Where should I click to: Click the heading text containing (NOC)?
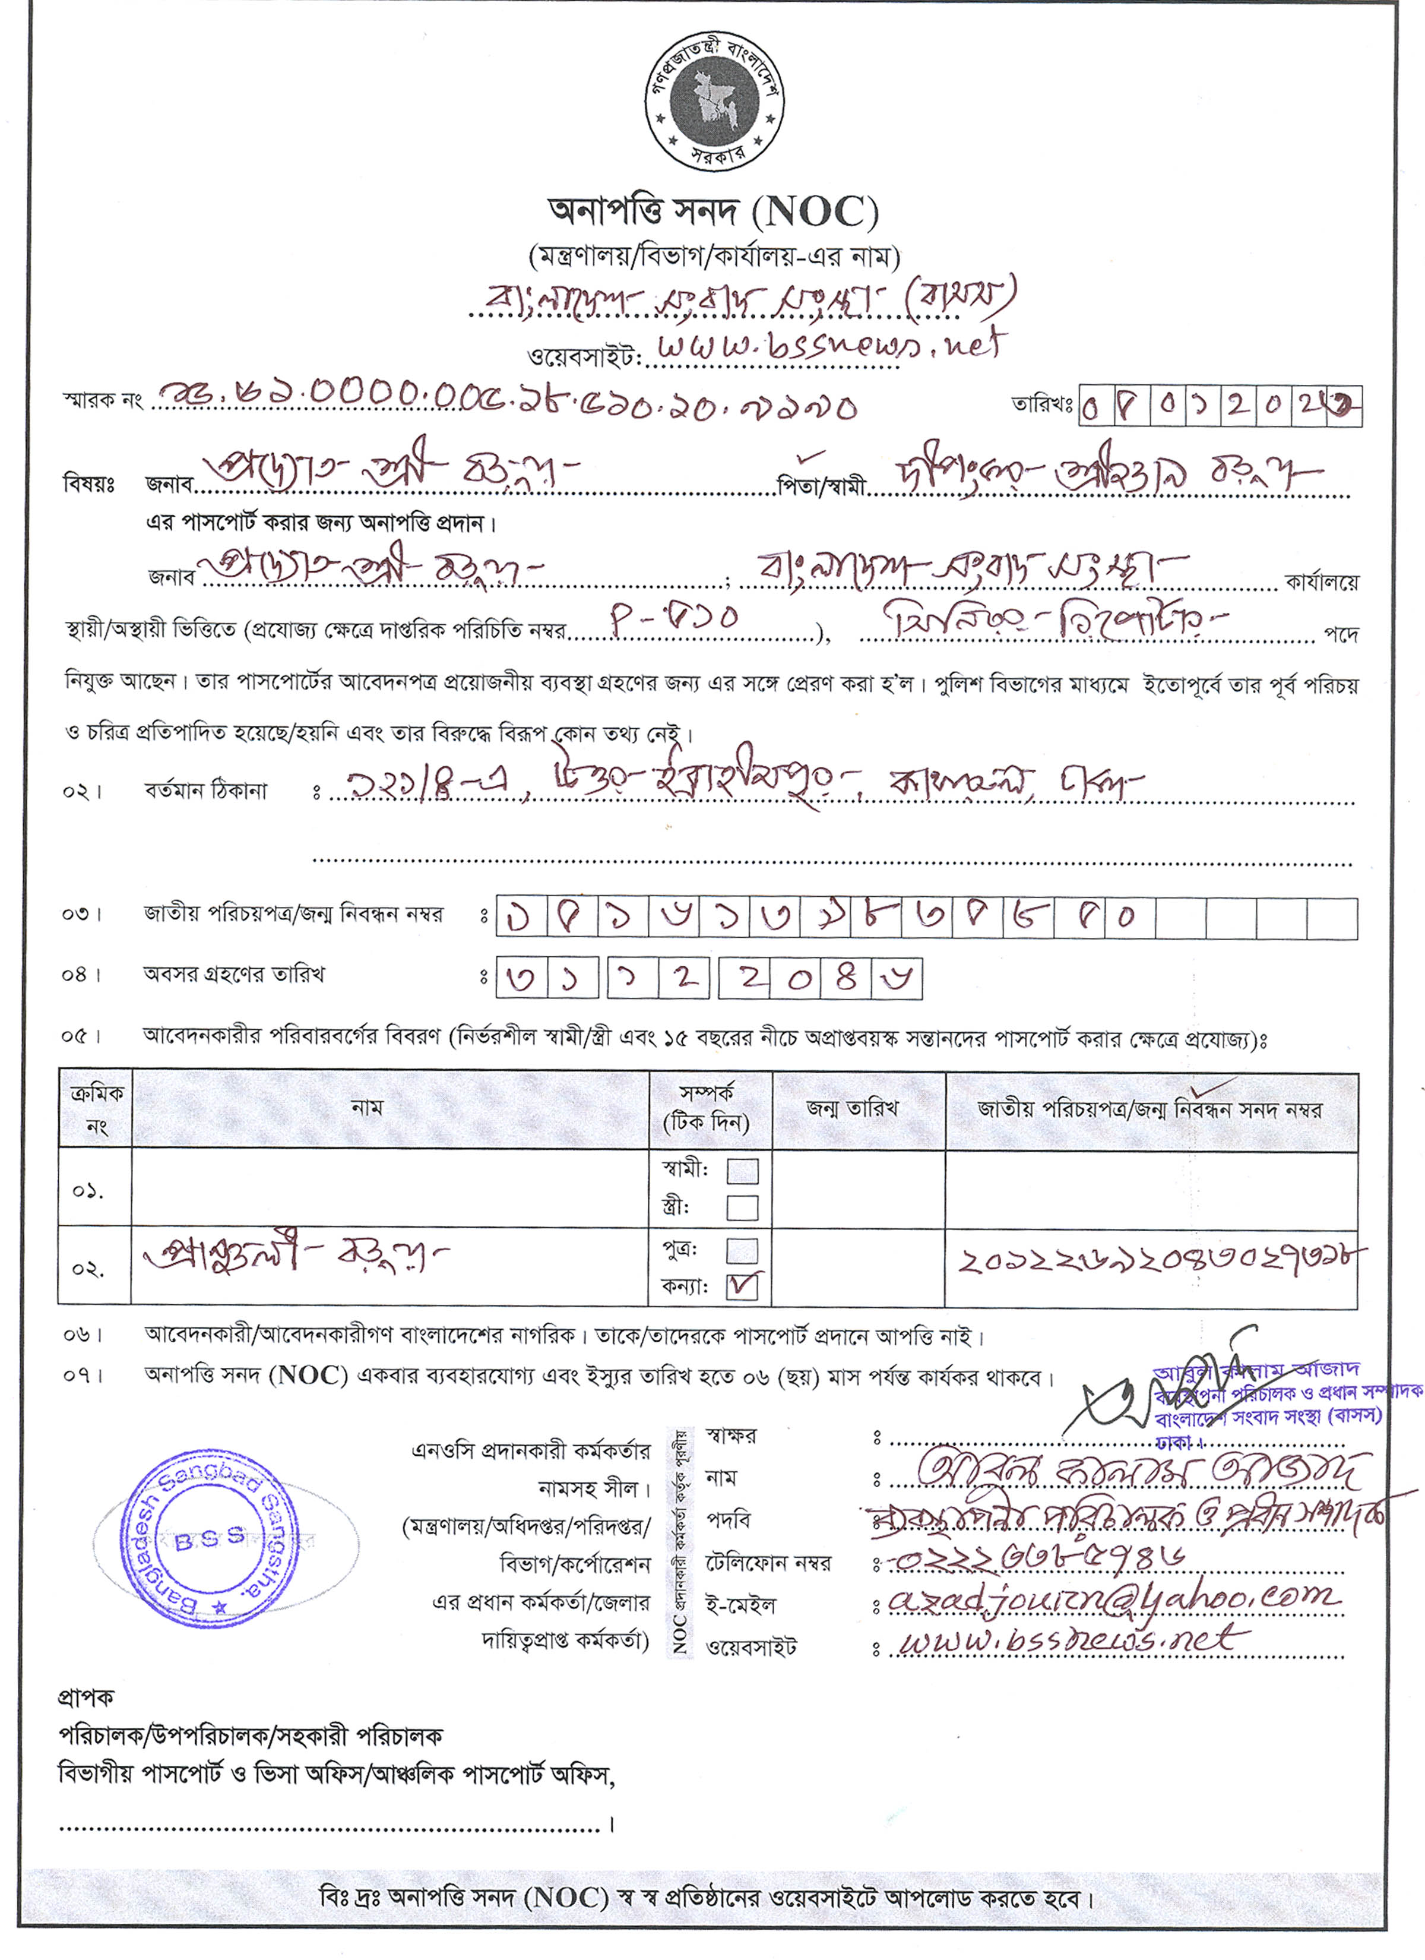coord(713,211)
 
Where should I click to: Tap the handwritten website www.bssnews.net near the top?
coord(828,346)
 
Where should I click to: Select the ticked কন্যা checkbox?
coord(742,1287)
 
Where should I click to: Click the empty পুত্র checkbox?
coord(742,1250)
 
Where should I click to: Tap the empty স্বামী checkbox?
coord(742,1171)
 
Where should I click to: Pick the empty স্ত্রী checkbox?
coord(742,1207)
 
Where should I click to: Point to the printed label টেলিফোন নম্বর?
coord(767,1563)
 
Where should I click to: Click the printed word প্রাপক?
coord(85,1697)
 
